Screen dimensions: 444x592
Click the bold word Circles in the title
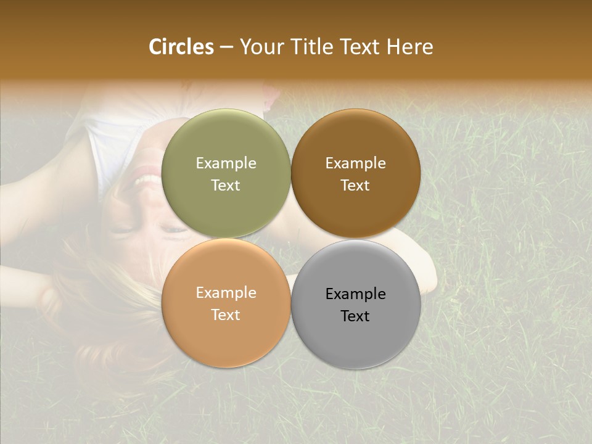[x=181, y=47]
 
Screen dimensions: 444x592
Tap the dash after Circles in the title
[x=226, y=47]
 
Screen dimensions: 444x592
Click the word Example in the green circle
[x=226, y=163]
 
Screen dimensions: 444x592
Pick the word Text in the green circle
[x=226, y=186]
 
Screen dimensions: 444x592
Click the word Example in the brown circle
[x=355, y=163]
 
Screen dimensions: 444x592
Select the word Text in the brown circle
[x=355, y=186]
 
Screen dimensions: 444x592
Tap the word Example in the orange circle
[x=226, y=293]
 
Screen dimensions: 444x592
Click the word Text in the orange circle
[x=226, y=315]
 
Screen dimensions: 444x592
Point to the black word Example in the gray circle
[x=355, y=294]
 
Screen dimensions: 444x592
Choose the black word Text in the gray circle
[x=355, y=316]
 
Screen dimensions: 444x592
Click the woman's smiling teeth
[x=149, y=181]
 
